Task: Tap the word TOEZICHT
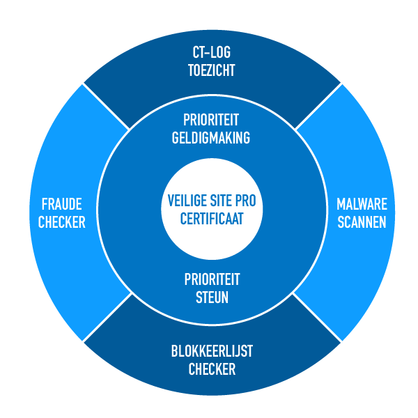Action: pos(212,70)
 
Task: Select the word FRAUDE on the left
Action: pos(61,205)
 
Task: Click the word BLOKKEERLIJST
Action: pos(212,352)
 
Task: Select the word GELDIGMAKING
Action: pos(211,137)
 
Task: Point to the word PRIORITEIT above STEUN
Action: pos(212,279)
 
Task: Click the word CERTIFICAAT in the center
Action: pos(212,218)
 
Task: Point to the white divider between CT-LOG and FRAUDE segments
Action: pos(106,107)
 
